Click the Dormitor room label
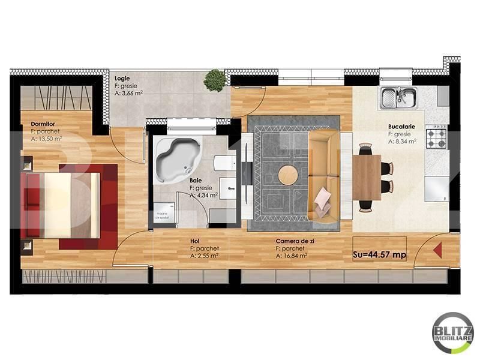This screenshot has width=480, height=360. tap(43, 124)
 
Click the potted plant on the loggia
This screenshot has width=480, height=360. tap(215, 80)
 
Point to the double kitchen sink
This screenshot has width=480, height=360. tap(398, 97)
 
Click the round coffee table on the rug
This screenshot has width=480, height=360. tap(288, 175)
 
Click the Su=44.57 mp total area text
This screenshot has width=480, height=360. tap(380, 254)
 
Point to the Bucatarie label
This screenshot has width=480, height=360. tap(401, 126)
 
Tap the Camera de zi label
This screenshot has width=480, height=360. tap(295, 241)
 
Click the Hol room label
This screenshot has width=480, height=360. tap(194, 241)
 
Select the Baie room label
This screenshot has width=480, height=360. tap(196, 181)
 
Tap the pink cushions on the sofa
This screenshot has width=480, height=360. tap(323, 201)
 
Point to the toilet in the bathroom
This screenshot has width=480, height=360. tap(225, 164)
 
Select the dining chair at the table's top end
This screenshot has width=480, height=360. tap(366, 149)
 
